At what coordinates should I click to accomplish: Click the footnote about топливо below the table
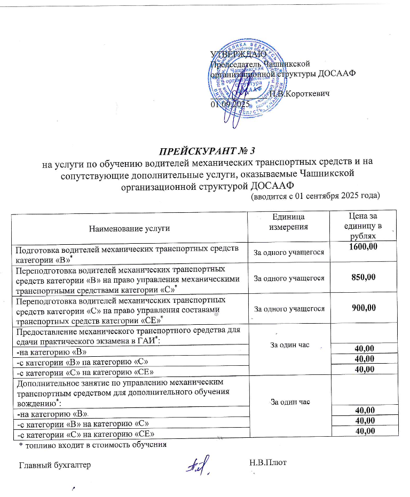[x=93, y=444]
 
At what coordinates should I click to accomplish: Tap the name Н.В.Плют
[x=268, y=462]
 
